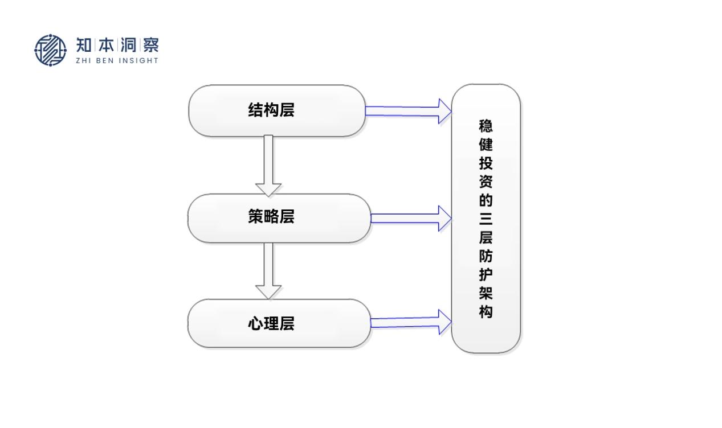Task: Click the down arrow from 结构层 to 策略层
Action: coord(268,165)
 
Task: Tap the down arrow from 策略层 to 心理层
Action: coord(268,271)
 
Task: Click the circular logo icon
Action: coord(50,50)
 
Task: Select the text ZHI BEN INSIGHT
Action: coord(117,61)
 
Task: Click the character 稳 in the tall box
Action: coord(486,126)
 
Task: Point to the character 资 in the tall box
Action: coord(486,182)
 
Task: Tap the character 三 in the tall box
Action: coord(486,219)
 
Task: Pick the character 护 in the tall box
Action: coord(486,275)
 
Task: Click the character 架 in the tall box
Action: coord(486,293)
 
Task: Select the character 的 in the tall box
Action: coord(486,200)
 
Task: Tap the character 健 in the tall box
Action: coord(486,145)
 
